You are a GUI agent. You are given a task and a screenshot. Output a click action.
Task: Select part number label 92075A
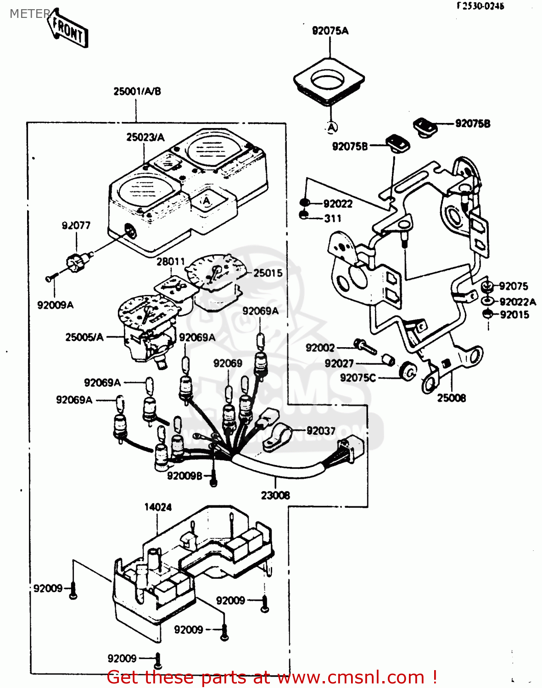tap(330, 31)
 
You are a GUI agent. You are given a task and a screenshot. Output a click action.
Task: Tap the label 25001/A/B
tap(137, 91)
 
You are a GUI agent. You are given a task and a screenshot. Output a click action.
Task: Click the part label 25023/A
tap(145, 137)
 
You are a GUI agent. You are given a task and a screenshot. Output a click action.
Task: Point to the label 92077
tap(76, 225)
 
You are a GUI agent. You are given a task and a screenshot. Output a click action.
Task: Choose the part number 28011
tap(171, 261)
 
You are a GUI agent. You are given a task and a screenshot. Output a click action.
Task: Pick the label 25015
tap(268, 273)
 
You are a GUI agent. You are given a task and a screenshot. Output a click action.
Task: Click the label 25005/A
tap(84, 337)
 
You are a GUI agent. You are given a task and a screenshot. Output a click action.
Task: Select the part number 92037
tap(321, 431)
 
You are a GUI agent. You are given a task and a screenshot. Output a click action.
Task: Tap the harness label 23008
tap(275, 495)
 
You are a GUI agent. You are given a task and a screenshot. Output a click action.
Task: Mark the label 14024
tap(158, 507)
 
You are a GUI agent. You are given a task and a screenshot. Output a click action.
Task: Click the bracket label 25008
tap(451, 398)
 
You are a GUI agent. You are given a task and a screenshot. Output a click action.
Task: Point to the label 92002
tap(320, 348)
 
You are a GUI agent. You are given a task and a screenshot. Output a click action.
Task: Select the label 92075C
tap(358, 377)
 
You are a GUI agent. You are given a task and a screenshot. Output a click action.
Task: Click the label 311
tap(333, 218)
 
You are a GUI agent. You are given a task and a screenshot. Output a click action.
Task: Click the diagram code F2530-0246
tap(480, 6)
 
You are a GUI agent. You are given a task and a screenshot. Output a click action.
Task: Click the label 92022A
tap(518, 302)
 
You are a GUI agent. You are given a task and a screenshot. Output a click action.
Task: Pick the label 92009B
tap(184, 476)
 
